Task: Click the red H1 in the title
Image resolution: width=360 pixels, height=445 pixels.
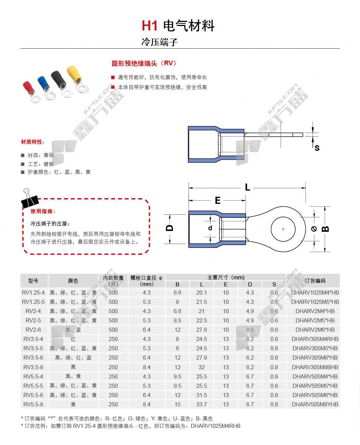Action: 150,26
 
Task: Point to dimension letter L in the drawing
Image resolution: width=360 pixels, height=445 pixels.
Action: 247,187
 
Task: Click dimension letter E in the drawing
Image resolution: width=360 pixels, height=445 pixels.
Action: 217,201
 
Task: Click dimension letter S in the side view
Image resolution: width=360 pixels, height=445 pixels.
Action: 317,148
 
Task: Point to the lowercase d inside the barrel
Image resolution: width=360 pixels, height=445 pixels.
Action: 210,228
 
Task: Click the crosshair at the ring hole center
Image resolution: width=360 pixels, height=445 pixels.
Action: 283,229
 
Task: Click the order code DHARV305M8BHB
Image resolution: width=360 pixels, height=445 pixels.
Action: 315,367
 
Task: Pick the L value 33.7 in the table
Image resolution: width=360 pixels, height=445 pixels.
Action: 201,404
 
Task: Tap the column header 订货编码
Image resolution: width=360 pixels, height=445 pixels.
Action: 315,281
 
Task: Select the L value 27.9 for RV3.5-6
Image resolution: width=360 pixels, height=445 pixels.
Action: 201,358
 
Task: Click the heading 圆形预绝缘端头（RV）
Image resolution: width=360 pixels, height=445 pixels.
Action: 144,64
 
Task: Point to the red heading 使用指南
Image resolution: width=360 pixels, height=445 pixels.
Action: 43,211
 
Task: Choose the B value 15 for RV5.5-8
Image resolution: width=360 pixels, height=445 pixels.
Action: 177,404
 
